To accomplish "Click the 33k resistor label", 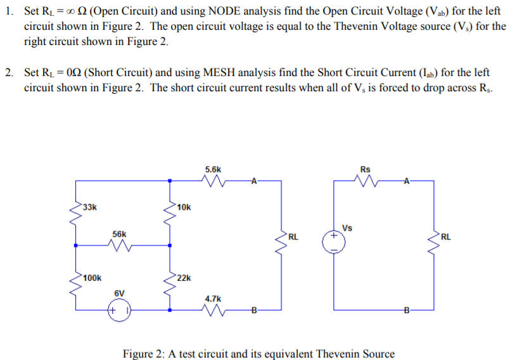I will tap(89, 207).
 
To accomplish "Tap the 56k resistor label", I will tap(119, 234).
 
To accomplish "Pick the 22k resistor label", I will tap(183, 278).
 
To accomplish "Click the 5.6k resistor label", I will tap(214, 169).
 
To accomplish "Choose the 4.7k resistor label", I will tap(214, 297).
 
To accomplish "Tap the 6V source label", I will tap(119, 293).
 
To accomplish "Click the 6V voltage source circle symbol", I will tap(119, 311).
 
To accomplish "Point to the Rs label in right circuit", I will tap(365, 169).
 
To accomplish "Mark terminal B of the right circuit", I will tap(406, 310).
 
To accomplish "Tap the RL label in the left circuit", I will tap(293, 237).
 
